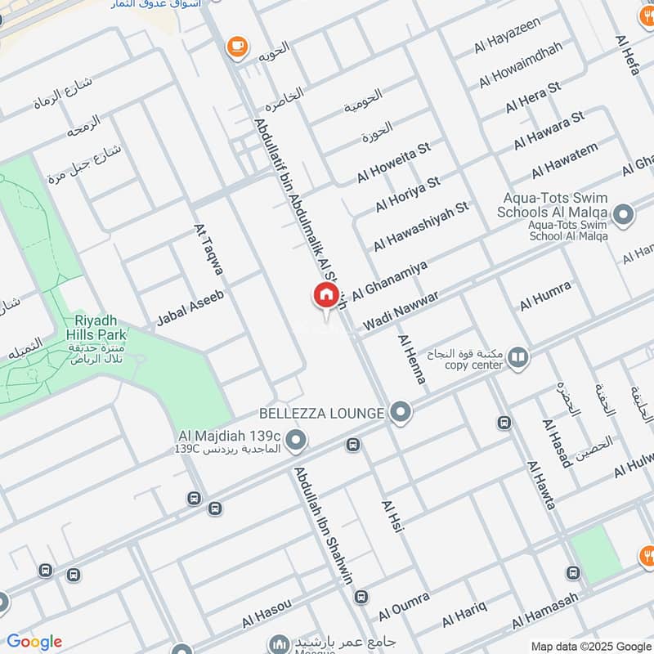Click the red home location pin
point(325,296)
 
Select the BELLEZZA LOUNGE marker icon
point(400,413)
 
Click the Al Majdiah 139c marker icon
point(298,441)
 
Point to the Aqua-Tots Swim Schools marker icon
point(624,215)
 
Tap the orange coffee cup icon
point(238,47)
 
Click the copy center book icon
point(517,357)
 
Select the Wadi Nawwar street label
point(401,311)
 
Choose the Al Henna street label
point(412,360)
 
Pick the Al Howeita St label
point(393,163)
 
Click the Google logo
point(34,642)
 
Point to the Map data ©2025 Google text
point(589,645)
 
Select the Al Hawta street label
point(541,486)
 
